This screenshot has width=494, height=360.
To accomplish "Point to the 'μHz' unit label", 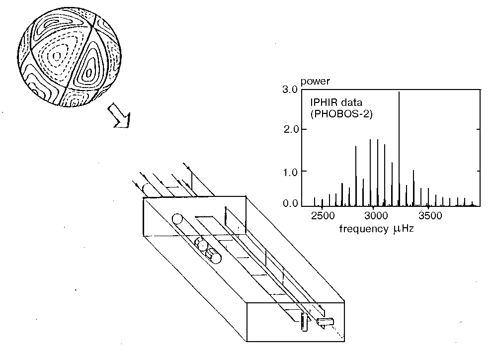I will coord(403,229).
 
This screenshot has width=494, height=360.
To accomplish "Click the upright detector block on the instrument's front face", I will coord(304,322).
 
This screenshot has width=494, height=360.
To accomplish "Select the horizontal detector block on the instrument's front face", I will coord(326,321).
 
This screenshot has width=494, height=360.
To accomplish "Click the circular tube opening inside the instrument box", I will coord(177,218).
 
